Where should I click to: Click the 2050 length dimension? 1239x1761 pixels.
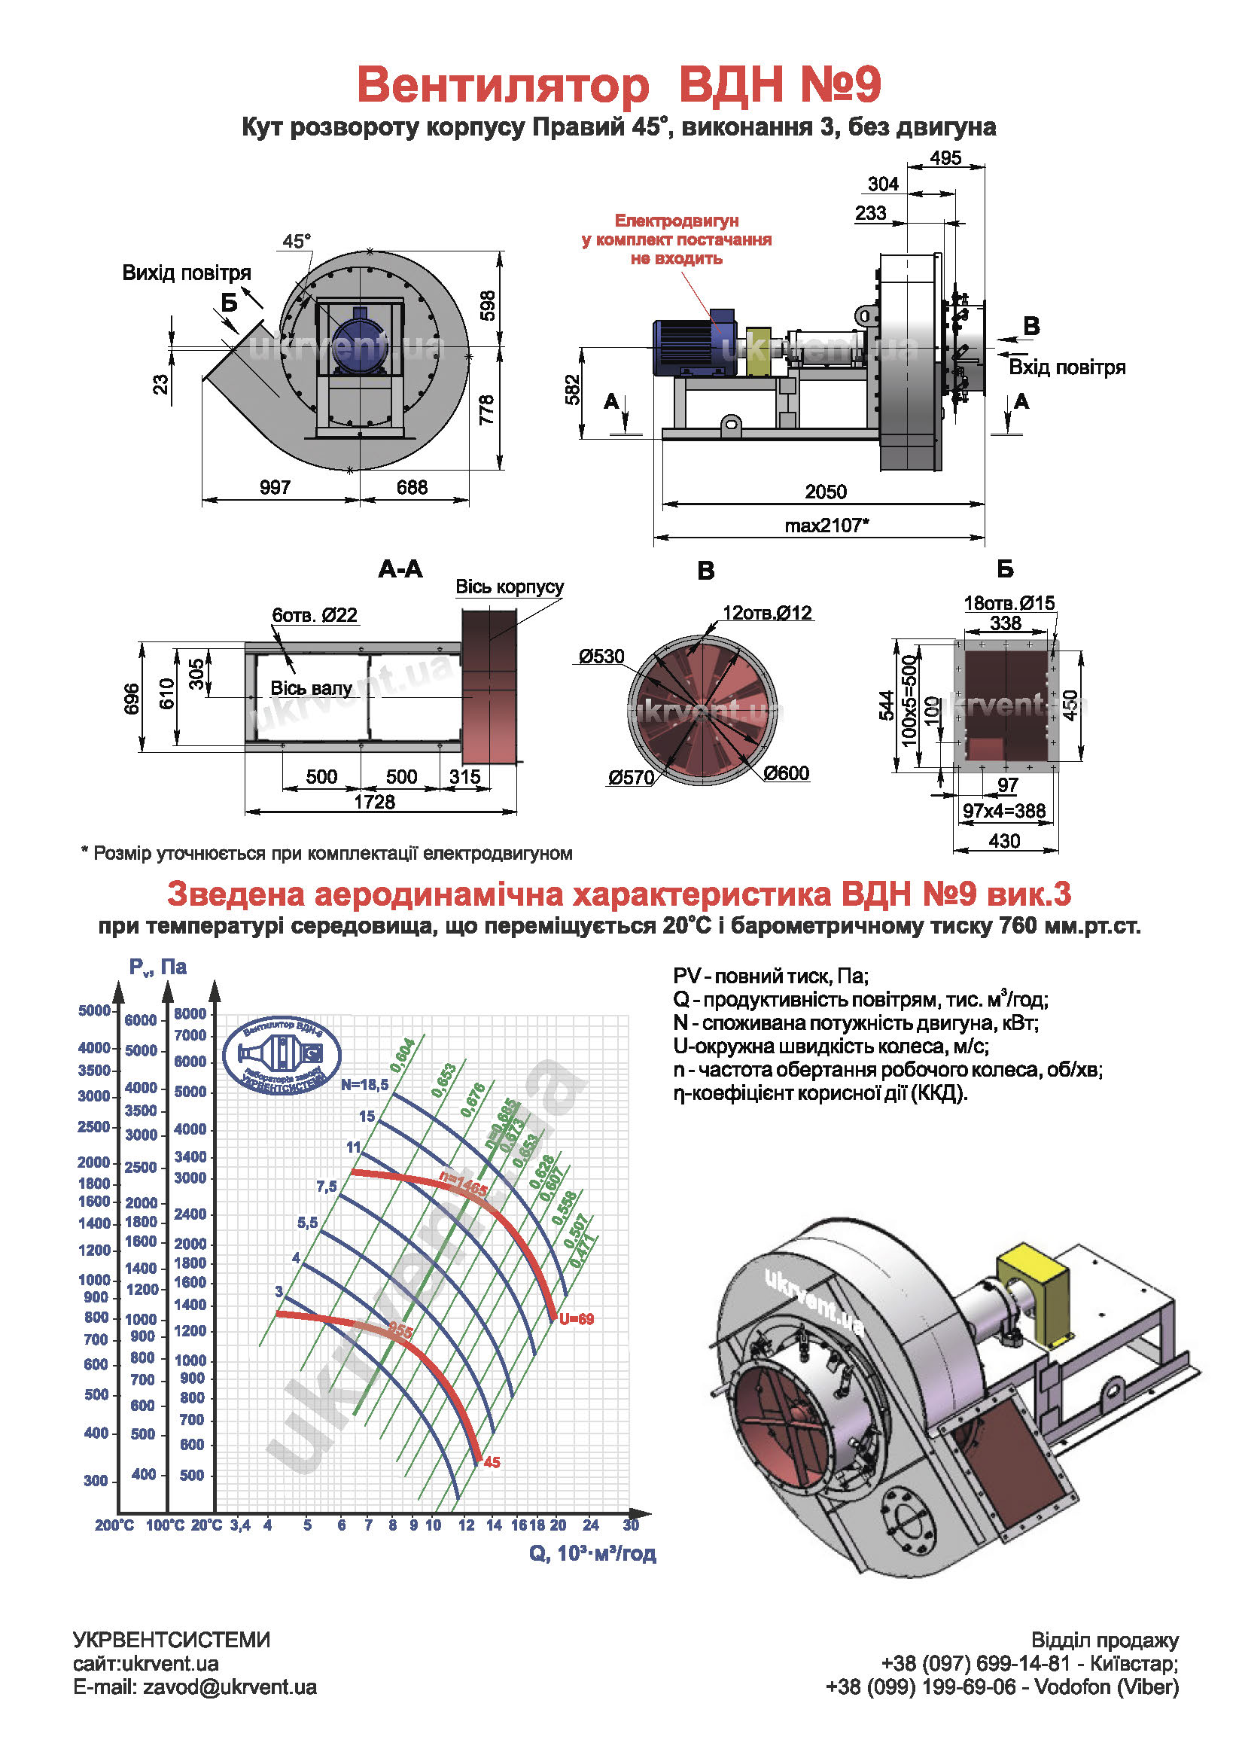point(825,492)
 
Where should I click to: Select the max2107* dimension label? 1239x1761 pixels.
point(827,526)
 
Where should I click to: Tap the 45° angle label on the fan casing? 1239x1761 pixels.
point(297,241)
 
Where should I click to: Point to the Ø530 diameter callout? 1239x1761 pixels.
point(601,657)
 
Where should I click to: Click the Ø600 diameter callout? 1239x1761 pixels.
point(786,773)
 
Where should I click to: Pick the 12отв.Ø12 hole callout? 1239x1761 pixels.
point(767,613)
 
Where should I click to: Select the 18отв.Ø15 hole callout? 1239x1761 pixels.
point(1009,603)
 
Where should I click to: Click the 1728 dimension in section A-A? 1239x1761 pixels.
point(374,802)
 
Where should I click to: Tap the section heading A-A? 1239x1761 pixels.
point(400,569)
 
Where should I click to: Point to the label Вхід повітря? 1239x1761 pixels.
point(1067,367)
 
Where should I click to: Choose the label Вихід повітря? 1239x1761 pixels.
point(187,273)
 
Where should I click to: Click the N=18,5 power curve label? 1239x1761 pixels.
point(365,1084)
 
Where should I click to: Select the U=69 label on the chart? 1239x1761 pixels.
point(577,1319)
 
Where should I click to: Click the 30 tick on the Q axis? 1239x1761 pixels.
point(630,1525)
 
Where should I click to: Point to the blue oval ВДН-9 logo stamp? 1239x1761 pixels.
point(282,1055)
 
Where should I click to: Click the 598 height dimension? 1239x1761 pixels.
point(487,305)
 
